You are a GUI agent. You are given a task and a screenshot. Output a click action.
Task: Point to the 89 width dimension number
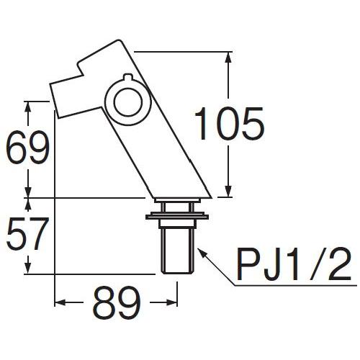[115, 306]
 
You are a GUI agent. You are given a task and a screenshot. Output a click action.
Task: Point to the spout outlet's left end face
[55, 97]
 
